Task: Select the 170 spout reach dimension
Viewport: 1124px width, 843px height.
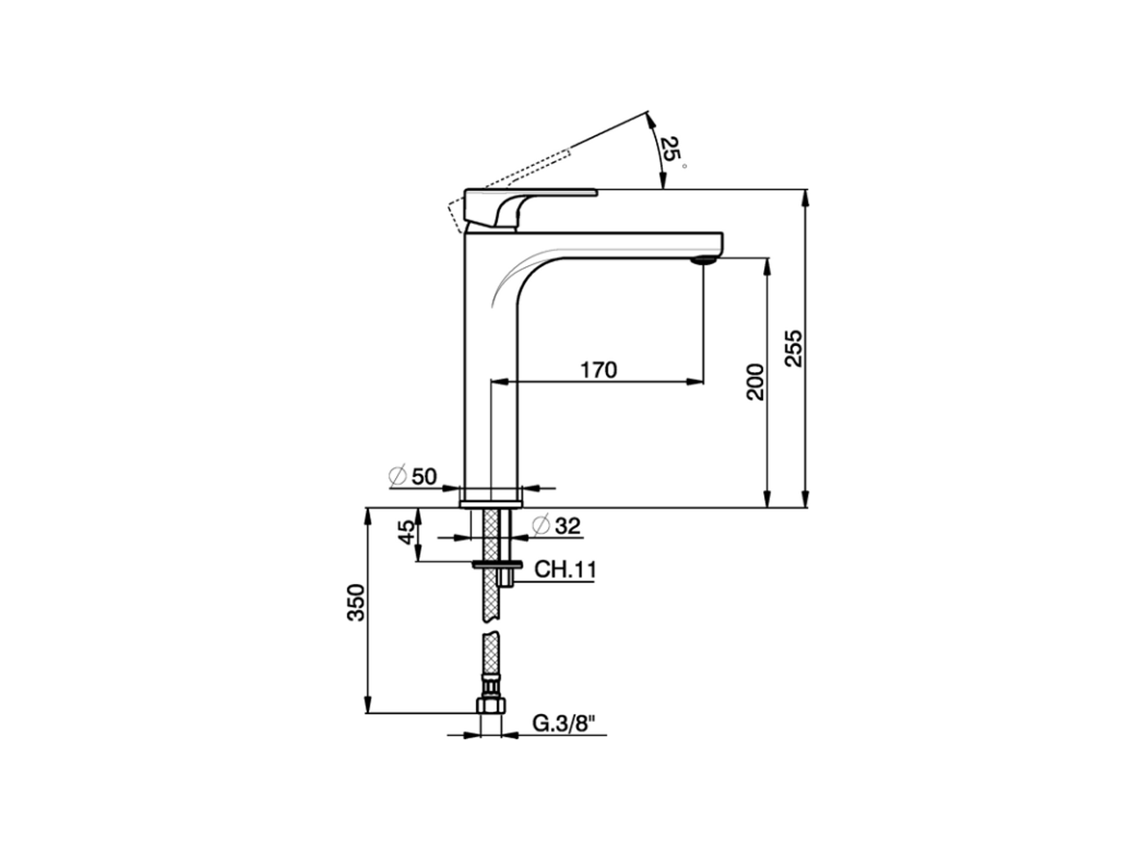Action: (x=598, y=369)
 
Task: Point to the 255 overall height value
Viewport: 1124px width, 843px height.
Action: (x=792, y=348)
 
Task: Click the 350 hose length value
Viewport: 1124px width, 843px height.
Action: (x=355, y=602)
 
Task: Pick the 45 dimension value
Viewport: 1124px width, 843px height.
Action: (x=406, y=533)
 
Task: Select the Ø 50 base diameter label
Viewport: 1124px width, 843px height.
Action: (x=413, y=477)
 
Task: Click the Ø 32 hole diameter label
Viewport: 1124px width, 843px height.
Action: (x=557, y=525)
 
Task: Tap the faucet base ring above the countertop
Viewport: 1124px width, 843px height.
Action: (x=492, y=497)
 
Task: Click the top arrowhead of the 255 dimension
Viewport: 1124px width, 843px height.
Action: (x=805, y=196)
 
